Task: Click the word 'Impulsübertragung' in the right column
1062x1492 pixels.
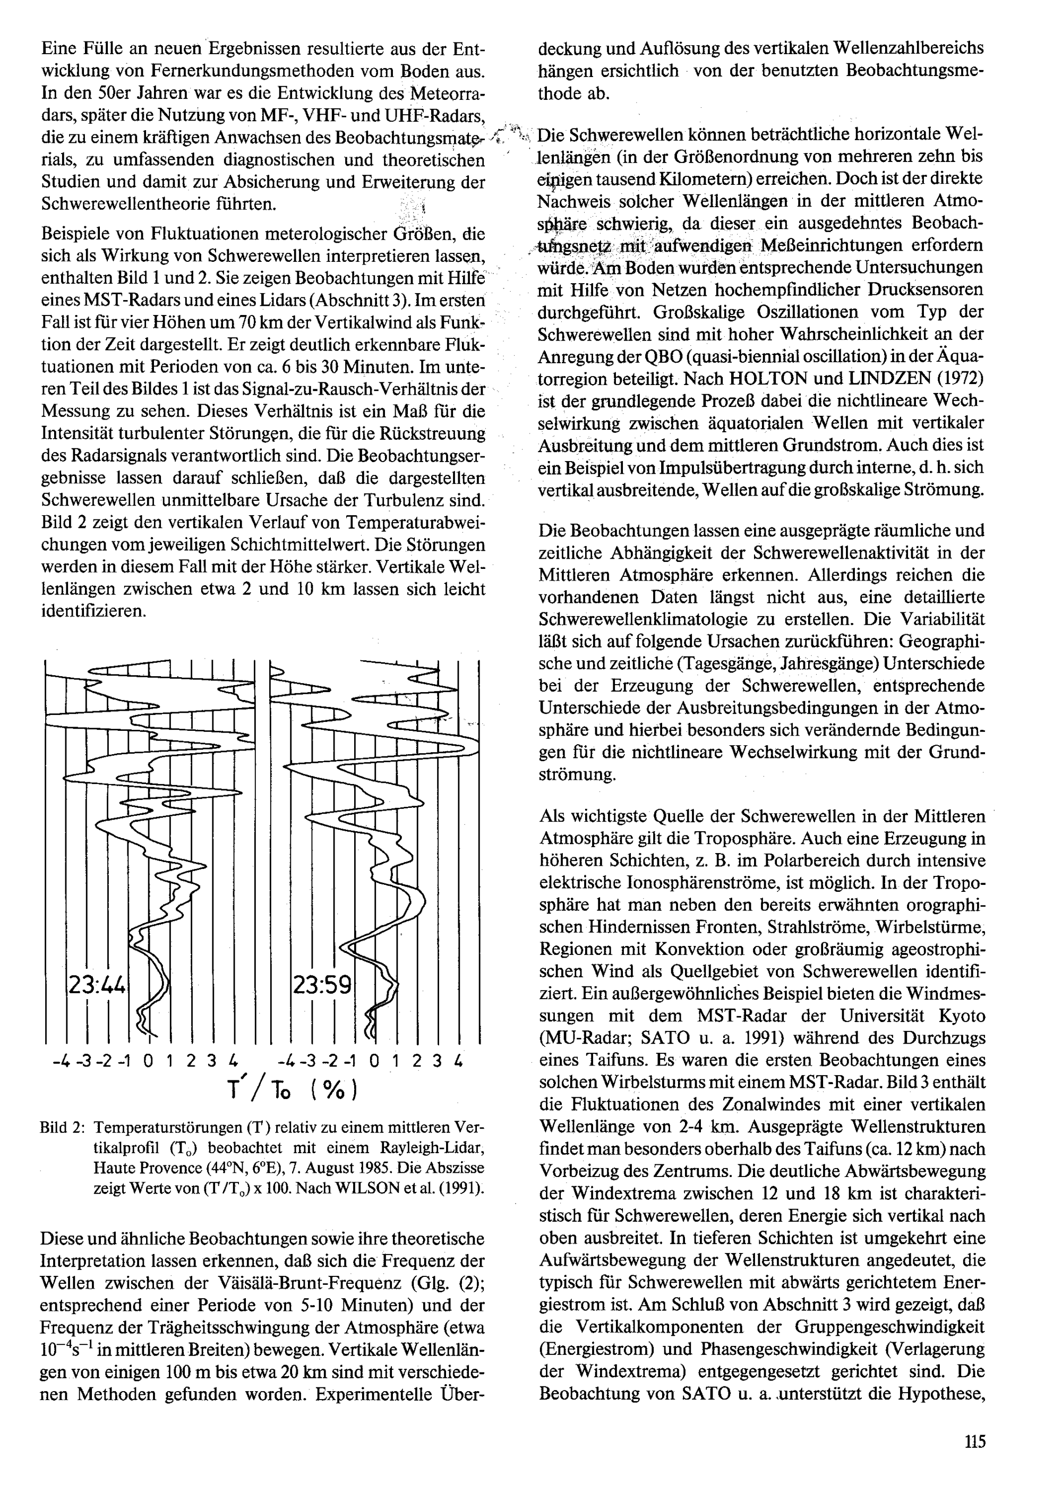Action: click(725, 468)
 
